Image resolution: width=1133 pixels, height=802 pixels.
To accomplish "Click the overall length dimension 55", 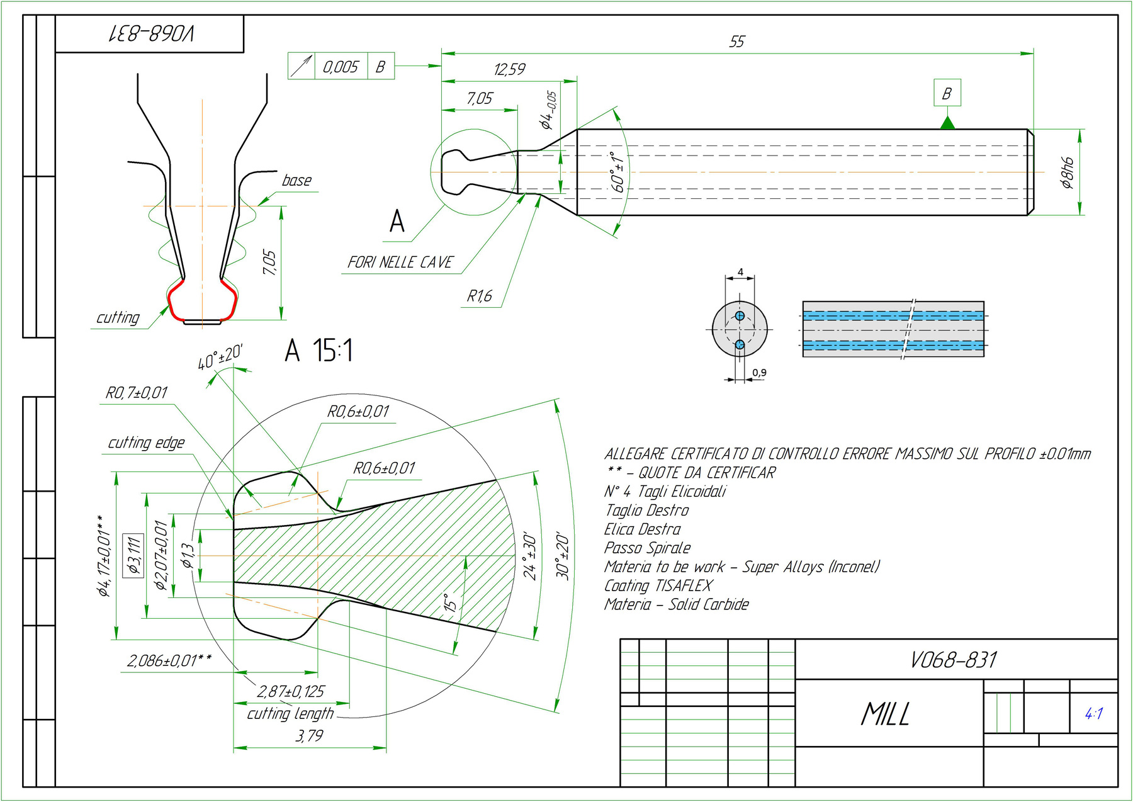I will [x=736, y=42].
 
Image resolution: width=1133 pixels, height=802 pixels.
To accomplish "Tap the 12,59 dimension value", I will [x=509, y=69].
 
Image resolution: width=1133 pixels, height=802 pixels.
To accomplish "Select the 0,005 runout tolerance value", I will [x=340, y=67].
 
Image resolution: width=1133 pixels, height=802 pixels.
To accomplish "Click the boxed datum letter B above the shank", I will [x=947, y=94].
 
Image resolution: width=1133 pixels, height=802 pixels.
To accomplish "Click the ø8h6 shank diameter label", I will [x=1068, y=172].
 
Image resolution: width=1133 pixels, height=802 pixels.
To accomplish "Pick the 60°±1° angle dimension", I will [x=619, y=172].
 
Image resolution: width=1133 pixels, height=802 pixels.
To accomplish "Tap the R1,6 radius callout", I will [x=479, y=296].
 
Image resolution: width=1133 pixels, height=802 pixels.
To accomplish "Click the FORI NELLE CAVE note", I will [x=400, y=263].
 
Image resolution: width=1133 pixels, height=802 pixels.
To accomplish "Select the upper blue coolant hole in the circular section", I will [x=740, y=315].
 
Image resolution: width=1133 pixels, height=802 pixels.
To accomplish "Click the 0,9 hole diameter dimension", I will [x=760, y=373].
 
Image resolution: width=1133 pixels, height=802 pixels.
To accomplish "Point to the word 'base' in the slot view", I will [x=296, y=181].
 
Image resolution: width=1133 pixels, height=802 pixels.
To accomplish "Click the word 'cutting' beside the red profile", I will [x=118, y=318].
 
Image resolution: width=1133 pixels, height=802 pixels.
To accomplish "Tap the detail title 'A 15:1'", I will [x=318, y=350].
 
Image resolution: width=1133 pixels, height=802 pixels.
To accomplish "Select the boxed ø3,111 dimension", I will [x=133, y=555].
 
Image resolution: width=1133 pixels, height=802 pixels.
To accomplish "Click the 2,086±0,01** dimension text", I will [x=169, y=661].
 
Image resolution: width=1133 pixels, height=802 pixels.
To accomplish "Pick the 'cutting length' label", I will [x=290, y=714].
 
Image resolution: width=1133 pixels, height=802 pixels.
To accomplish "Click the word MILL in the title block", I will [x=885, y=714].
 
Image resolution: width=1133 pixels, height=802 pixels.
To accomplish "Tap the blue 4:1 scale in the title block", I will [x=1093, y=714].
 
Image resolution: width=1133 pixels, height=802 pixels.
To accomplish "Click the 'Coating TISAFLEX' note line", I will [x=658, y=586].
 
